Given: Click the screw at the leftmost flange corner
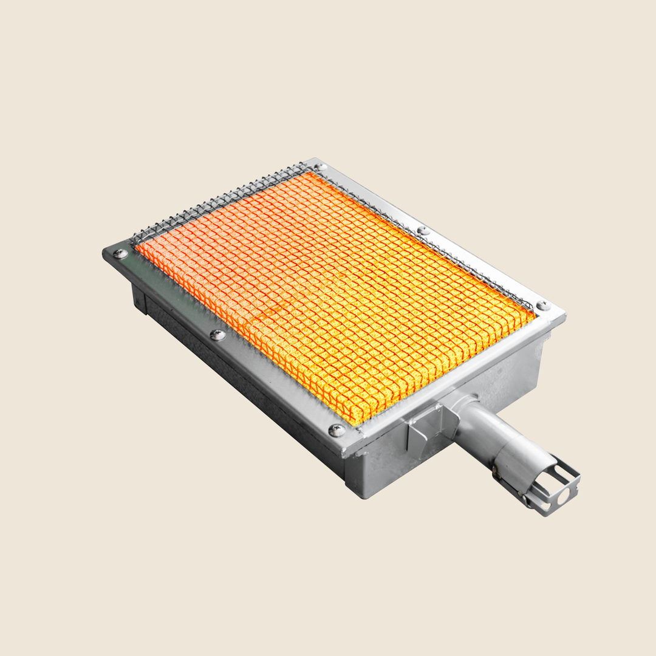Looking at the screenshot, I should pos(121,253).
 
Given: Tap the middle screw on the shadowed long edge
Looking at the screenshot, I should pos(217,335).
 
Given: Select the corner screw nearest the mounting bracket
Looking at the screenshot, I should pos(336,430).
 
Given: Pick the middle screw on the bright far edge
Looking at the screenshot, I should pos(423,231).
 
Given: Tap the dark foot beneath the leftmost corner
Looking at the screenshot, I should pos(139,301).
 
